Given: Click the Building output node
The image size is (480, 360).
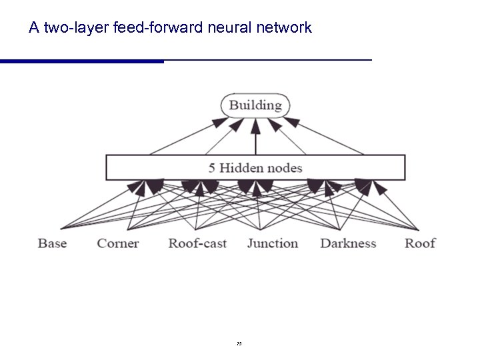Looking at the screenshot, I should pos(255,105).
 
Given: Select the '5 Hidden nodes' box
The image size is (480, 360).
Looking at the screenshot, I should pos(255,167).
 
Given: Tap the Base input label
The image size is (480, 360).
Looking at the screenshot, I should pos(52,243).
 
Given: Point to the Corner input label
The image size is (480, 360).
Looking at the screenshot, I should pos(117,243).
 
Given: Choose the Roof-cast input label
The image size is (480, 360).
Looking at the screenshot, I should pos(197,243).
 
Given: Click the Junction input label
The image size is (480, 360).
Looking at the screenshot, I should pos(273,243).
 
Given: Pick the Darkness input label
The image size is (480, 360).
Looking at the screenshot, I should pos(348,243).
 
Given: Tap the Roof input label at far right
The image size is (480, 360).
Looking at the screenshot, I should pos(420,243).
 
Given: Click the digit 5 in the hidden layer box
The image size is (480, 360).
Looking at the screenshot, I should pos(211,168).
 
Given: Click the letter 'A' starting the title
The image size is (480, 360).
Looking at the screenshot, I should pos(34,29).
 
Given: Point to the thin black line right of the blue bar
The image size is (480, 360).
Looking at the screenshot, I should pos(267,60).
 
